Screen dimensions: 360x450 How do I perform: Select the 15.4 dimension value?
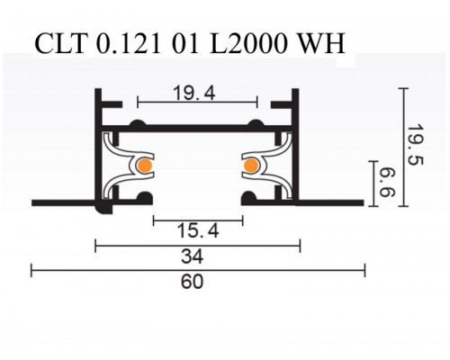[196, 230]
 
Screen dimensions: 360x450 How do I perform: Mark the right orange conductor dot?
[250, 165]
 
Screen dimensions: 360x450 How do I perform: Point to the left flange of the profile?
[63, 199]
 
